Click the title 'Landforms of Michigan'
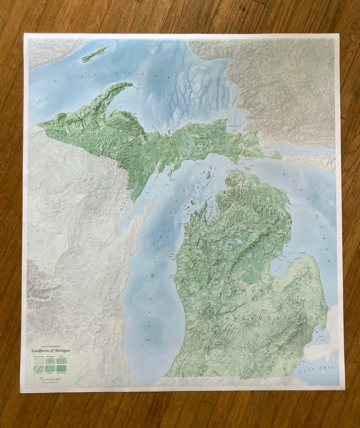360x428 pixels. pyautogui.click(x=51, y=350)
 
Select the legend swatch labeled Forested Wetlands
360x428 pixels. pyautogui.click(x=62, y=368)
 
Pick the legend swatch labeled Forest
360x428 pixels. pyautogui.click(x=62, y=360)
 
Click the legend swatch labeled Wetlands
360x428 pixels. pyautogui.click(x=50, y=368)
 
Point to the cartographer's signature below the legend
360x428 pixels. pyautogui.click(x=50, y=378)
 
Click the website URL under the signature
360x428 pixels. pyautogui.click(x=50, y=382)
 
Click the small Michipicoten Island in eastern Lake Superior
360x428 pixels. pyautogui.click(x=199, y=69)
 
